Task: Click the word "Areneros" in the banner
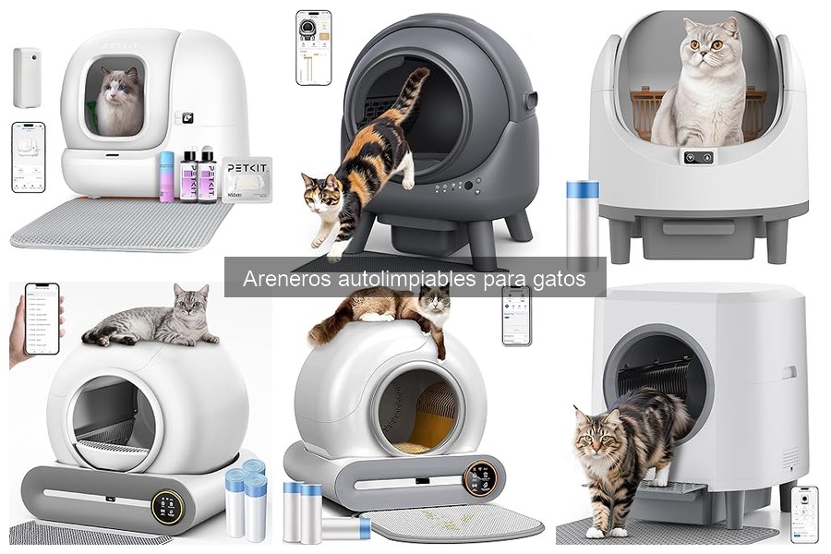click(283, 278)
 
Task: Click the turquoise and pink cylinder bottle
click(166, 176)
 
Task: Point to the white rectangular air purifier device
click(26, 78)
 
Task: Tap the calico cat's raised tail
click(413, 93)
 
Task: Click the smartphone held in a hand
click(41, 318)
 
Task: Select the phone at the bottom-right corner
click(803, 513)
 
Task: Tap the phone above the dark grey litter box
click(313, 47)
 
